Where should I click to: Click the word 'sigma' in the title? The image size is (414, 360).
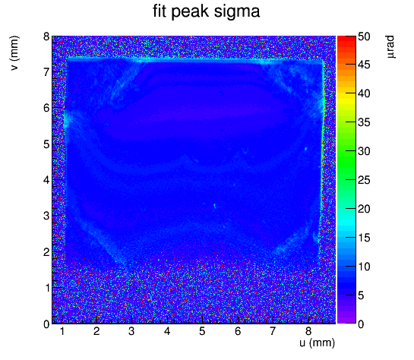237,12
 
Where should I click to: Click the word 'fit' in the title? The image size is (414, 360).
160,11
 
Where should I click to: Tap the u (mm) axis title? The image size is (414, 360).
317,343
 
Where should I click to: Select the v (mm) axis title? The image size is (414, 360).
14,53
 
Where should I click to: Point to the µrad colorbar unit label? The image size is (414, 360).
390,47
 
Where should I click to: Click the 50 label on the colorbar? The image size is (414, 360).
364,36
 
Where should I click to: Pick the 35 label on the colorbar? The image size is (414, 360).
364,122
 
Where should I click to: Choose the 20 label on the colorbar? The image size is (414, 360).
364,209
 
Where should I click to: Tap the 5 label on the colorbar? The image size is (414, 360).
361,295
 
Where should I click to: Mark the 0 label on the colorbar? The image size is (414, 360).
361,324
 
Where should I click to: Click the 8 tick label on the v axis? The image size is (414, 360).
47,36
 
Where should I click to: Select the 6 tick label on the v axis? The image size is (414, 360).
47,108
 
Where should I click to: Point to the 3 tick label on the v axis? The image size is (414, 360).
47,216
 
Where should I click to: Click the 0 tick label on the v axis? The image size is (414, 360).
47,324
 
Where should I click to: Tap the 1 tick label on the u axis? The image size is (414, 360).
62,331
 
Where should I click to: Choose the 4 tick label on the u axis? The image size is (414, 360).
167,331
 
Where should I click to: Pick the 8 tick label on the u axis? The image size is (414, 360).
308,331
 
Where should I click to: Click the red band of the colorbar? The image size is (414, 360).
346,43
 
